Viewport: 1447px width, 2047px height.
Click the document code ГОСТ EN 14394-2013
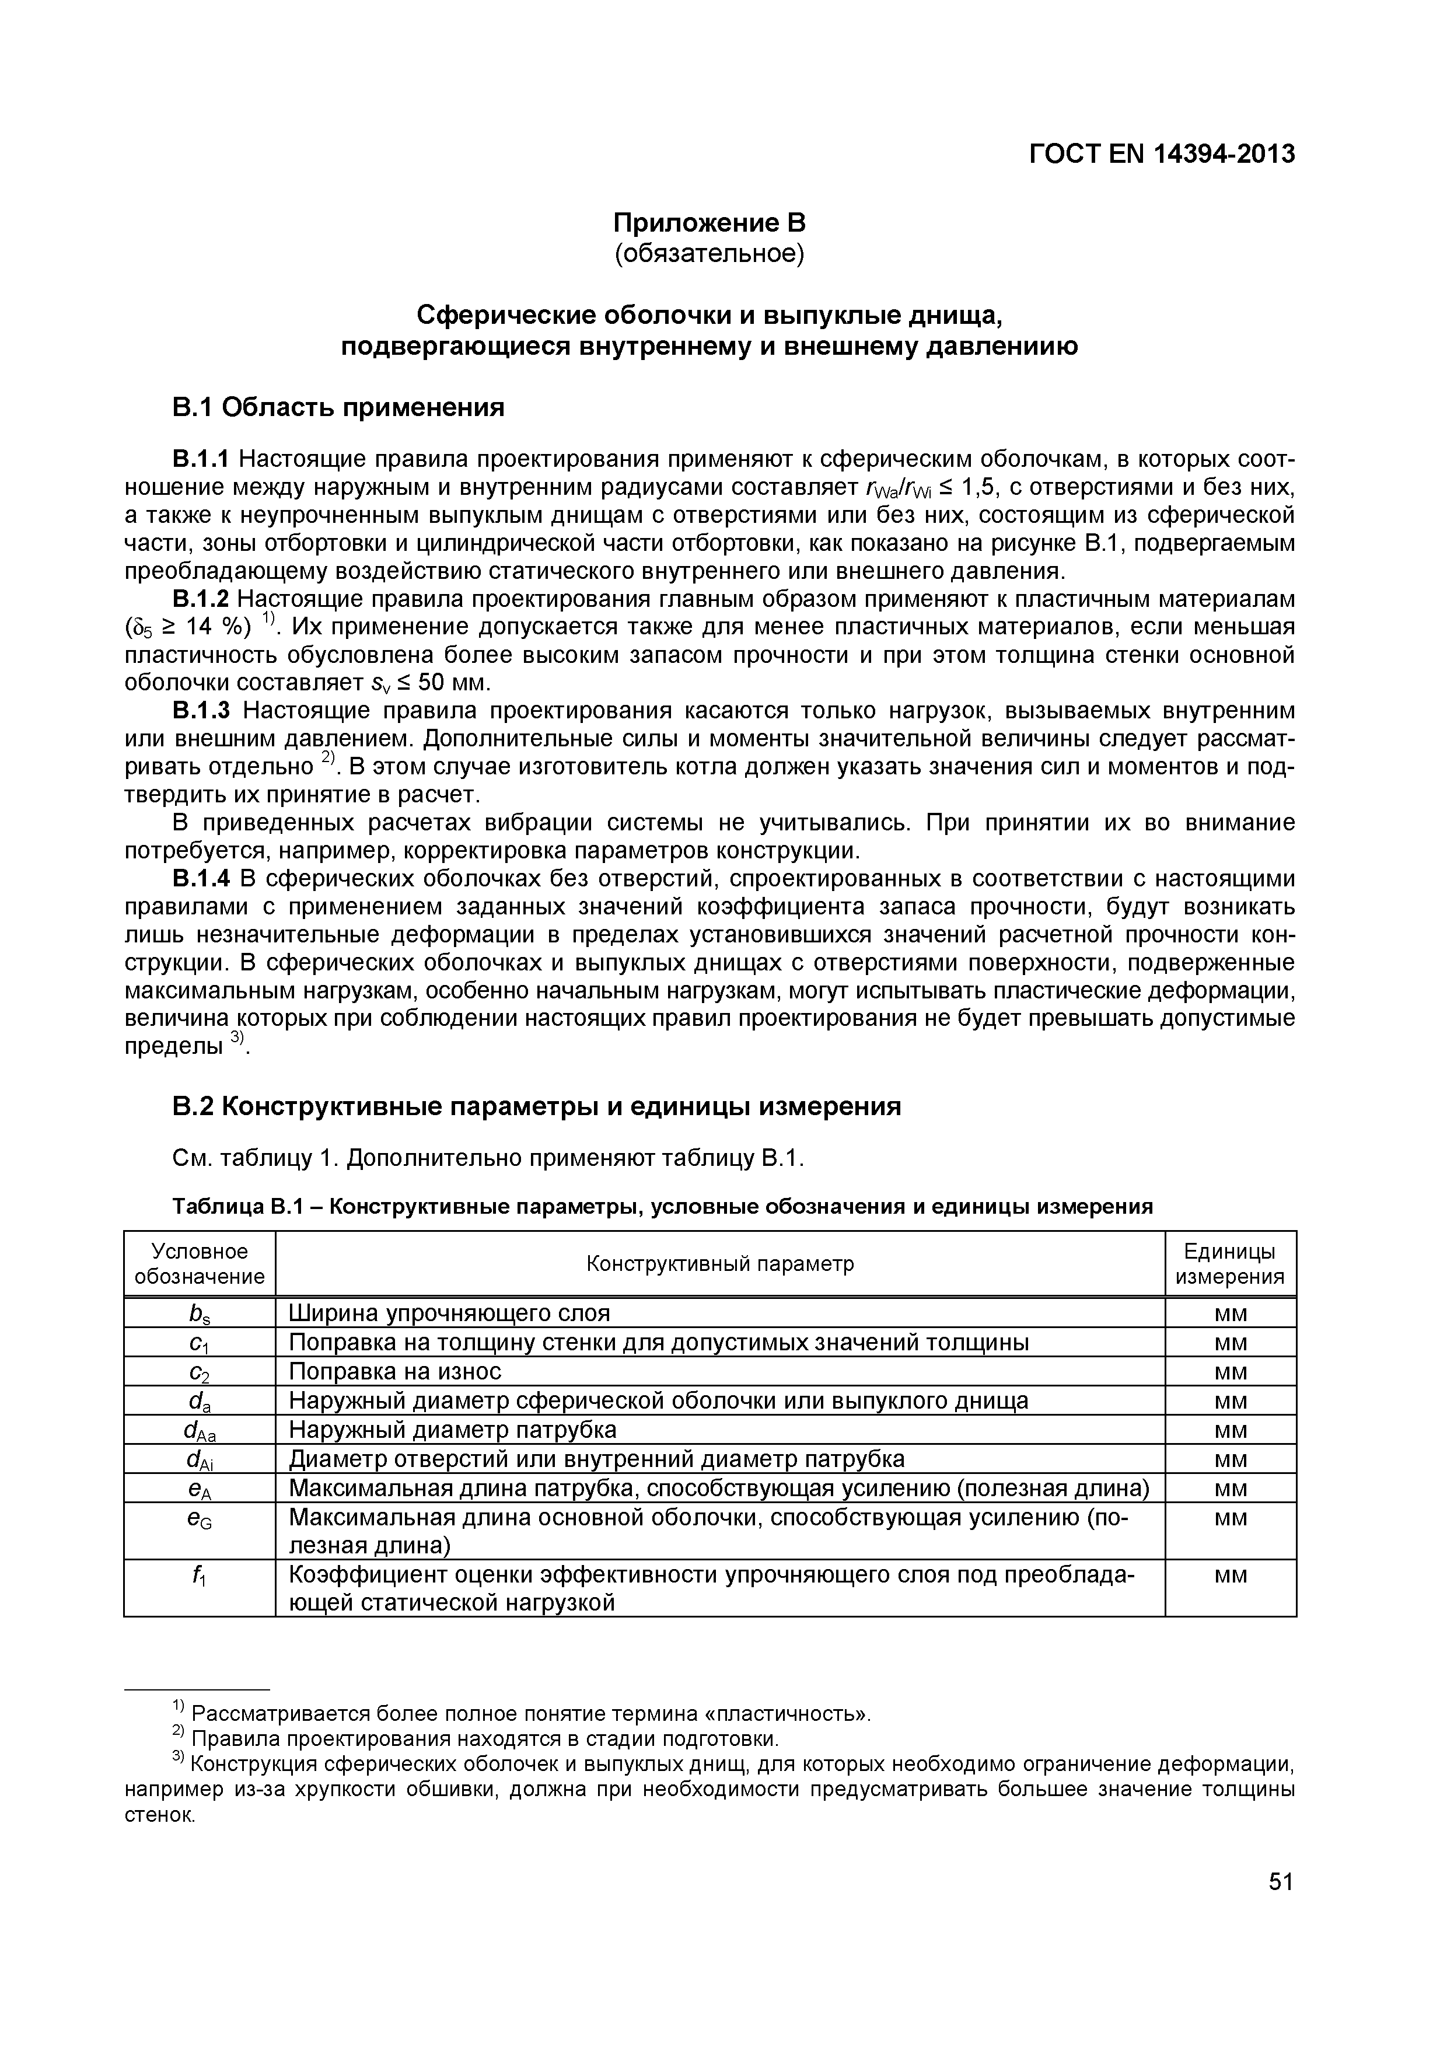tap(1161, 154)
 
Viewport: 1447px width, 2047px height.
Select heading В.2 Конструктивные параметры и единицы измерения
tap(536, 1106)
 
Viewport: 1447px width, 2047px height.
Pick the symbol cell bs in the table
tap(199, 1314)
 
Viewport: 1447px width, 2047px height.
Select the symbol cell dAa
tap(199, 1430)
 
